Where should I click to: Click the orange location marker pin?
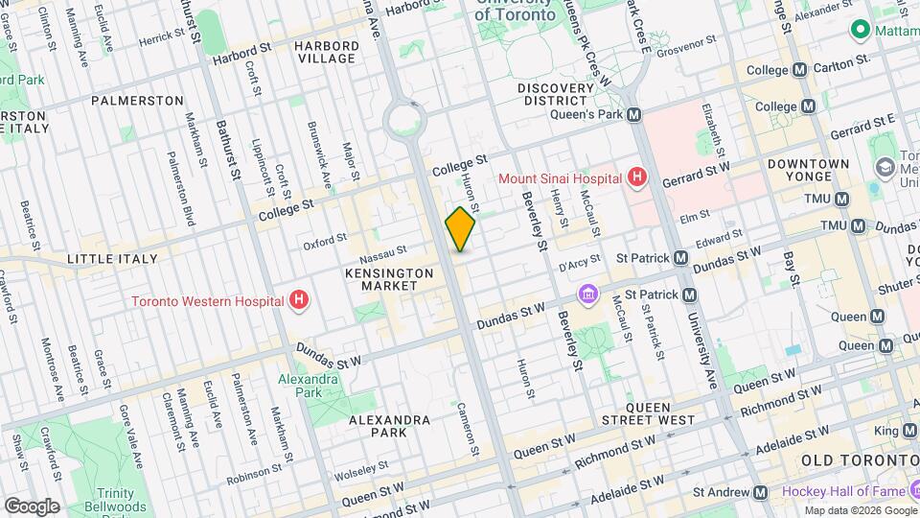point(460,228)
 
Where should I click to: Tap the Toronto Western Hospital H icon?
point(300,300)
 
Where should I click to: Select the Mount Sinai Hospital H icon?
point(635,177)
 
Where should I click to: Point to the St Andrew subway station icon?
point(760,492)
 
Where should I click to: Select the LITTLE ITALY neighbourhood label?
point(104,260)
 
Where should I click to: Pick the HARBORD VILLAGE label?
point(325,52)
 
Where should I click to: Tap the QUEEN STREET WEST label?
point(648,413)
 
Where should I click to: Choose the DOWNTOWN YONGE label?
point(808,170)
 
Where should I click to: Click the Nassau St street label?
point(383,254)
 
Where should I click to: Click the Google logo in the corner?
point(32,506)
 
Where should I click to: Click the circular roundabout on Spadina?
point(403,120)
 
